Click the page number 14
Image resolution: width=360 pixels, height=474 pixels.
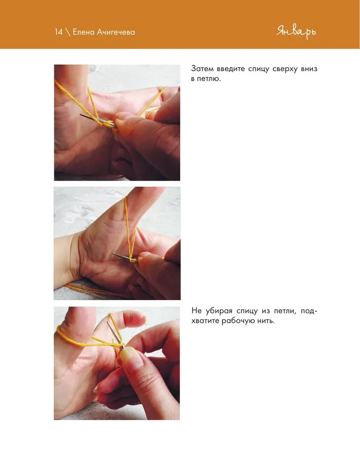click(x=59, y=32)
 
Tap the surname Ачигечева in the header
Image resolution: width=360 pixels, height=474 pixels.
click(x=116, y=32)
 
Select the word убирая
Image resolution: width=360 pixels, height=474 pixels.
click(x=219, y=311)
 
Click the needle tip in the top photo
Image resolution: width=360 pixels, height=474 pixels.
click(x=81, y=115)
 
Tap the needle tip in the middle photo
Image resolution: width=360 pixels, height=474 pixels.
click(x=114, y=254)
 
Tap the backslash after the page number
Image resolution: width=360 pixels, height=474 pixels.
click(x=68, y=32)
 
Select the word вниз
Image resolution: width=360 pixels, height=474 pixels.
click(x=309, y=69)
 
